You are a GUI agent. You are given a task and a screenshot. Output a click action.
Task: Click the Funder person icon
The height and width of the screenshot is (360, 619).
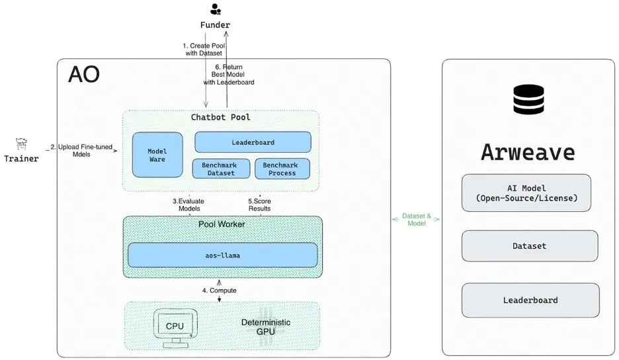215,9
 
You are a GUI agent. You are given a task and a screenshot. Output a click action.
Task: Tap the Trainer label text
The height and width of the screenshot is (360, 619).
21,159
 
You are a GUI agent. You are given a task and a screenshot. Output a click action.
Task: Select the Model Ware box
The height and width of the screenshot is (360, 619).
157,155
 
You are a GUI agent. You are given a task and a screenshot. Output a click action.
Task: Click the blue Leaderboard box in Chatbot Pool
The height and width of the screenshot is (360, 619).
253,142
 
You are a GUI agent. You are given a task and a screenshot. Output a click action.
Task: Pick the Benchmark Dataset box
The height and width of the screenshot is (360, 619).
221,169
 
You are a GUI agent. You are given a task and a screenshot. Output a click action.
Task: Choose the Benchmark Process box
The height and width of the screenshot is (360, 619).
282,169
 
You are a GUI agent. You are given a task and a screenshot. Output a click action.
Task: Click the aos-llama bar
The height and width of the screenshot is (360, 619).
222,255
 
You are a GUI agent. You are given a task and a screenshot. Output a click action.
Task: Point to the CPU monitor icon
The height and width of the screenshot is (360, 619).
174,327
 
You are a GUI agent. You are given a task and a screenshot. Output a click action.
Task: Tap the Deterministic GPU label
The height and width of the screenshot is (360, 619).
265,326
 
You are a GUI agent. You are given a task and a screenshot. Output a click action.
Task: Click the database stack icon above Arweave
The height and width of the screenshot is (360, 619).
528,99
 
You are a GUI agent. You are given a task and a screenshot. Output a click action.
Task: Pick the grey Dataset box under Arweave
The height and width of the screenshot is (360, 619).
529,246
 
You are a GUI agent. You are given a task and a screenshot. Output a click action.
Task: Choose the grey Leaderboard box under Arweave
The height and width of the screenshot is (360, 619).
530,300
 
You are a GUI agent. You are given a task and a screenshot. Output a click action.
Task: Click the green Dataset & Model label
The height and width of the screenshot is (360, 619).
416,219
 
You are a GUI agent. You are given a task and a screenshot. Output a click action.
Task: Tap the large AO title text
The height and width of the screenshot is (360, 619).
84,75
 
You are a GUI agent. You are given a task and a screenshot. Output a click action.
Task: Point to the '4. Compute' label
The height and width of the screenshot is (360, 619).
219,291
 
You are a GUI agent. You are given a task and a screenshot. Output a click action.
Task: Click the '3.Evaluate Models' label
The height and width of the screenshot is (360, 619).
189,204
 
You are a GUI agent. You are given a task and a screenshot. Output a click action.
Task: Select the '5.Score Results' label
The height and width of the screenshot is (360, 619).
259,204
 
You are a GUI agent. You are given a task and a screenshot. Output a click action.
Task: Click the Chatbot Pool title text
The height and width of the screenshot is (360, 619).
220,118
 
